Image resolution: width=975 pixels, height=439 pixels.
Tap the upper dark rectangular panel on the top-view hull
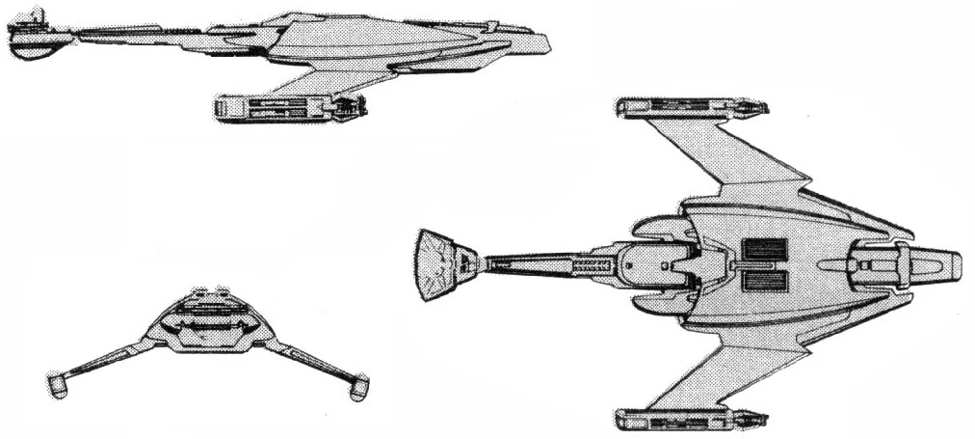tap(766, 250)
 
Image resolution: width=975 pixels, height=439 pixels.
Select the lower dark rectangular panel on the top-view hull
tap(766, 282)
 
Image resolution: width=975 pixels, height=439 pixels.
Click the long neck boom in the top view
tap(544, 262)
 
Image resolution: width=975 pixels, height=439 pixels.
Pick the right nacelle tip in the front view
tap(358, 386)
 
